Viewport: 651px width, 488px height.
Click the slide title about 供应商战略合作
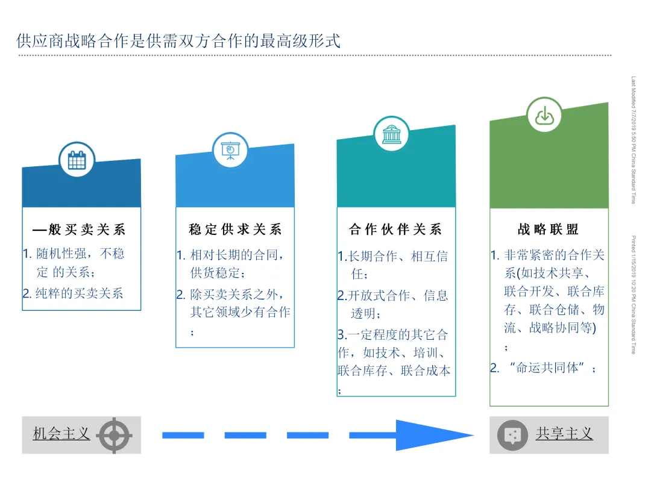(178, 41)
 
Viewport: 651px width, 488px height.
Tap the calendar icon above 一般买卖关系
(77, 160)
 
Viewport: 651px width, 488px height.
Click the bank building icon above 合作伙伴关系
(391, 134)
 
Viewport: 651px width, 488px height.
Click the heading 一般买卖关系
(79, 230)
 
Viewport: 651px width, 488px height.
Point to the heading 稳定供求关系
(235, 230)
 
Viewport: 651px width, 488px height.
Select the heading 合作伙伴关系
(395, 230)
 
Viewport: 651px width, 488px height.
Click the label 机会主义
(61, 434)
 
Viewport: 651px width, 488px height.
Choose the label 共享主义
(564, 434)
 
